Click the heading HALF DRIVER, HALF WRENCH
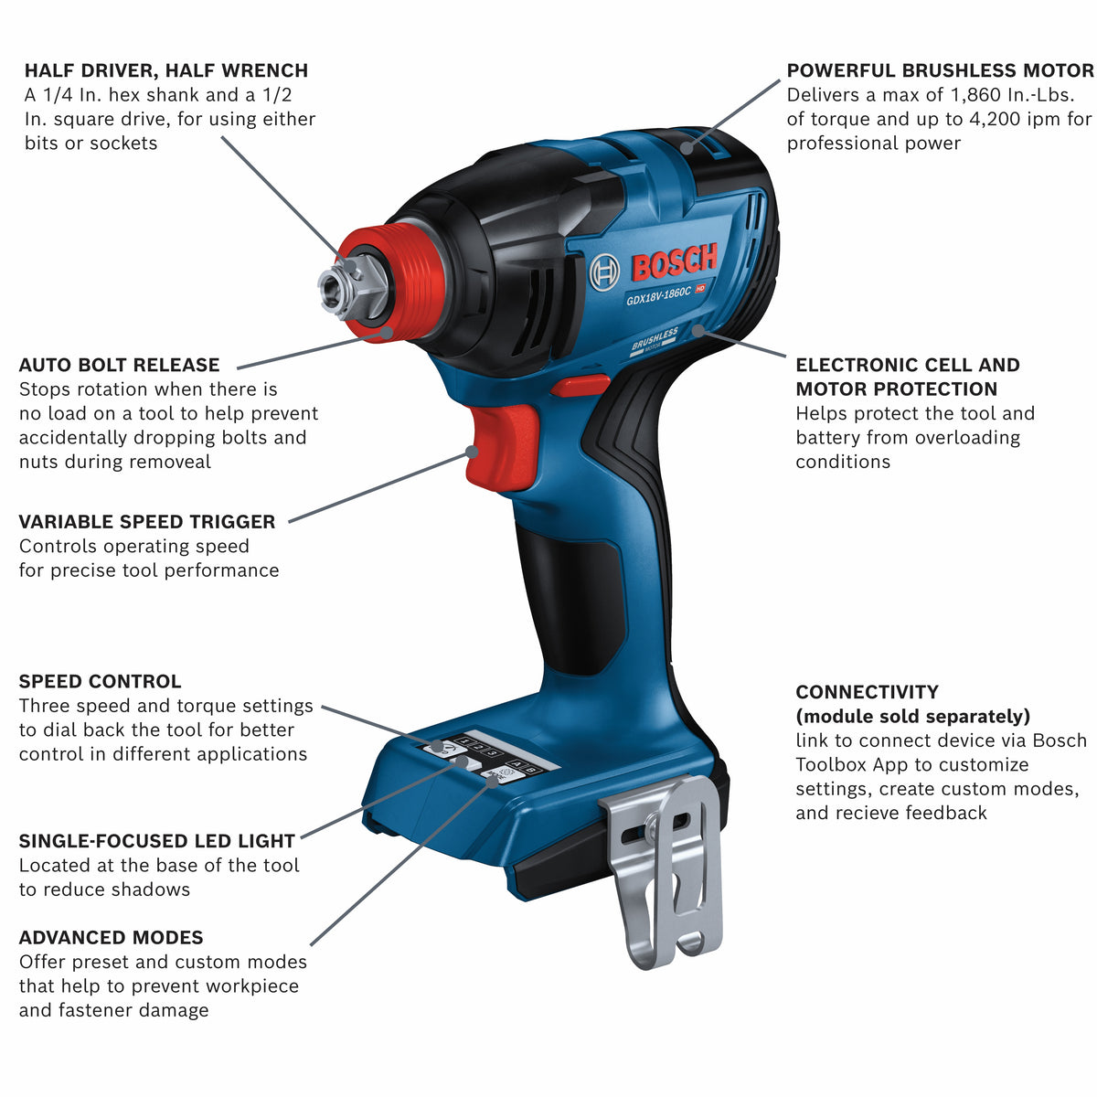(166, 70)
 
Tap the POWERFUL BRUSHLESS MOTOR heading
(940, 70)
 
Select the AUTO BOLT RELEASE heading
(119, 365)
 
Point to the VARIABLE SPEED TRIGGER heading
(147, 521)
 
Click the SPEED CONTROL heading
(101, 681)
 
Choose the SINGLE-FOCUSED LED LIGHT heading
(157, 841)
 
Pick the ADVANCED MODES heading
(111, 938)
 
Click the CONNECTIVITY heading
(867, 692)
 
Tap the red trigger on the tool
(502, 447)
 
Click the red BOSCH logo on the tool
(675, 262)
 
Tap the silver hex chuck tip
(340, 289)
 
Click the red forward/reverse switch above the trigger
(580, 386)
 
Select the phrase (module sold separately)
(913, 716)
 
